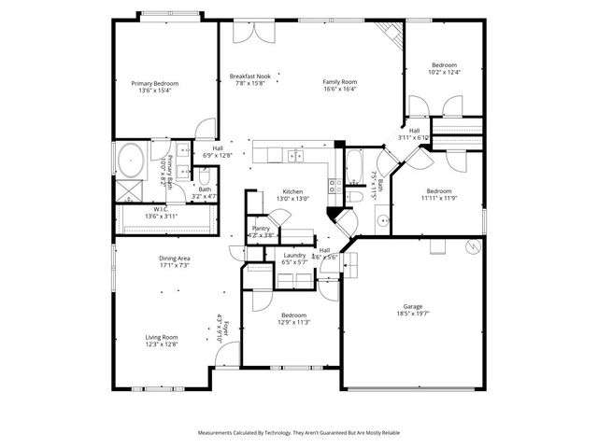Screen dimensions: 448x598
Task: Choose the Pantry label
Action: click(x=261, y=228)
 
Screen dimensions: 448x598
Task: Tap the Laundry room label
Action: click(x=295, y=255)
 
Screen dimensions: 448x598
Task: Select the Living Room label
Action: click(x=161, y=337)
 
